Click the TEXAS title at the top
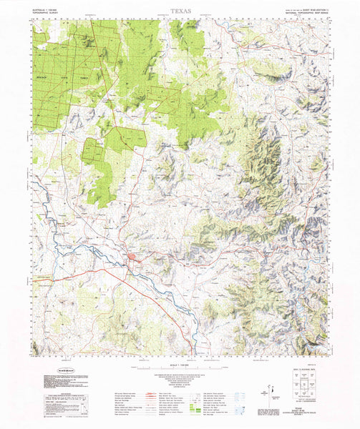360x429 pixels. pyautogui.click(x=181, y=12)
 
